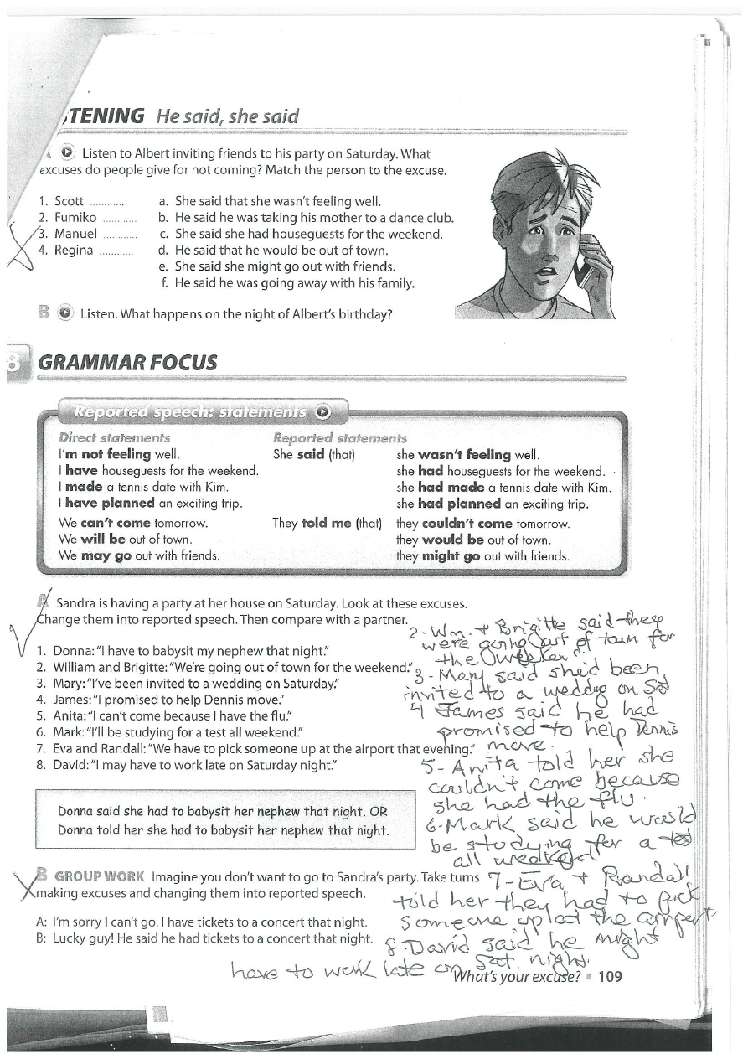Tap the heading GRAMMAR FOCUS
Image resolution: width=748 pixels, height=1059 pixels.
pos(128,363)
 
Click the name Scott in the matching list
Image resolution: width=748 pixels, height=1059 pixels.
pos(70,201)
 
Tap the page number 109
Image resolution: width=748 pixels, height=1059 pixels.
pos(610,976)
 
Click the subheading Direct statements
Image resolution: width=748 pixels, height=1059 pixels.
pos(115,438)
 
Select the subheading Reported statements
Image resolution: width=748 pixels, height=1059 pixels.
pos(340,438)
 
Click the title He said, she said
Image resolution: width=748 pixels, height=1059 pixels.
pos(227,116)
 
